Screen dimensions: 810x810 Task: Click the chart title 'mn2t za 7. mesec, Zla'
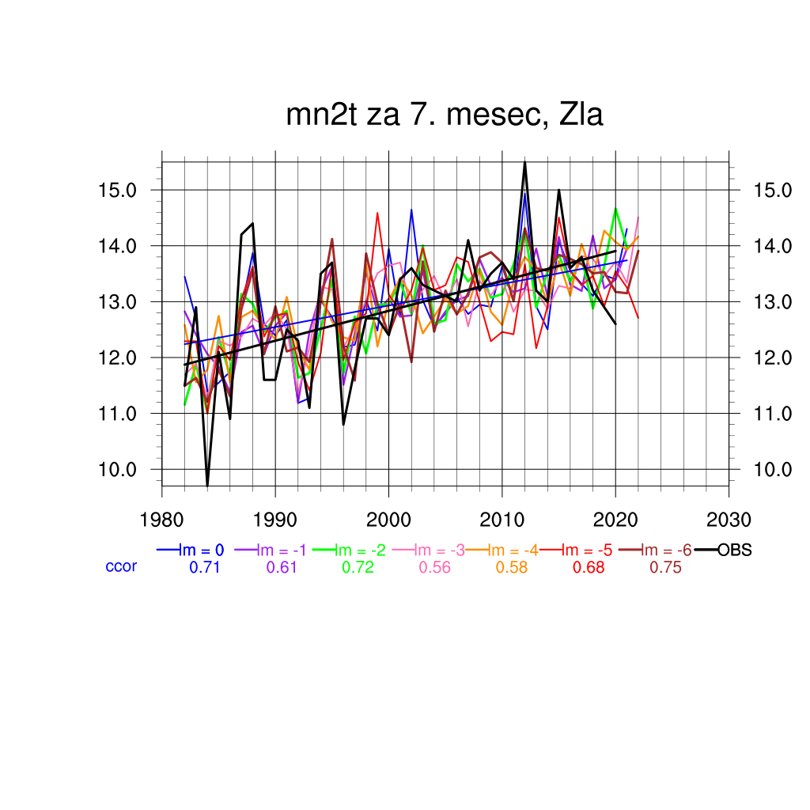tap(445, 116)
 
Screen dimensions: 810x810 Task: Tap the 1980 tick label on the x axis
tap(162, 520)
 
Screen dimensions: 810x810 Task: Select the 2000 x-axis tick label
tap(388, 520)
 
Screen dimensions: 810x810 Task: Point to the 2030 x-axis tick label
tap(729, 520)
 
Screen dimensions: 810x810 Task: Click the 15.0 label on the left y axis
tap(117, 191)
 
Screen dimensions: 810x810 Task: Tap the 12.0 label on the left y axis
tap(117, 358)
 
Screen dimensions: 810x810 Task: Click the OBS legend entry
tap(734, 551)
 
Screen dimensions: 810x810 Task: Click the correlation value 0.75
tap(665, 567)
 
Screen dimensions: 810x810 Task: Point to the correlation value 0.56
tap(434, 567)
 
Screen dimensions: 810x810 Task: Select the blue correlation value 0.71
tap(204, 567)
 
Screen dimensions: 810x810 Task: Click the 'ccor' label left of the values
tap(121, 567)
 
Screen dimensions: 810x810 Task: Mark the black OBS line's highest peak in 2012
tap(524, 162)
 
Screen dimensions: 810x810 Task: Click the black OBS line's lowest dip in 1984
tap(207, 485)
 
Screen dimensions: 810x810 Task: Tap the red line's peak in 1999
tap(377, 213)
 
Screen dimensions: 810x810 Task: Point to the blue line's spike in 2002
tap(411, 210)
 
